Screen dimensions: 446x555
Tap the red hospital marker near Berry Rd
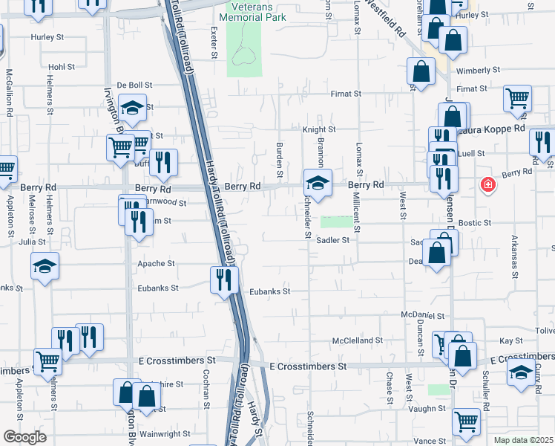pos(488,184)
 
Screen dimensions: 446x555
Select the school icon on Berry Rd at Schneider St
pos(317,184)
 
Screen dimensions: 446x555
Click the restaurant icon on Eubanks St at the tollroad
pos(224,280)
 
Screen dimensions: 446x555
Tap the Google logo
pos(24,437)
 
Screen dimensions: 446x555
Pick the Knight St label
pos(319,129)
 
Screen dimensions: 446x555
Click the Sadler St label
pos(332,240)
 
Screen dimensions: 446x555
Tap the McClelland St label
pos(357,340)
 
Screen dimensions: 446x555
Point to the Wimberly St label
pos(478,71)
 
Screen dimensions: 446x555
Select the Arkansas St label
pos(515,257)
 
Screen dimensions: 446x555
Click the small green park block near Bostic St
pos(338,222)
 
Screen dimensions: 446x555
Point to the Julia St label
pos(27,241)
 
